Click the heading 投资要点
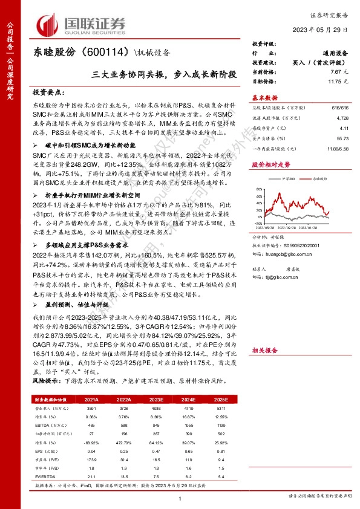48,93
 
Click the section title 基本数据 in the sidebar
265,97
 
